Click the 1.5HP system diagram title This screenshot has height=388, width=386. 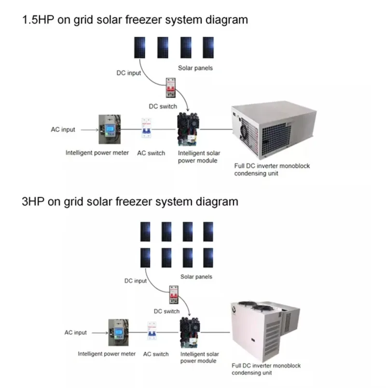coord(135,20)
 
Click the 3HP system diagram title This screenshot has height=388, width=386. coord(130,201)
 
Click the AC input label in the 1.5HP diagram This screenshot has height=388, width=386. coord(63,130)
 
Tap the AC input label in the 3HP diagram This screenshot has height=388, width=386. coord(76,333)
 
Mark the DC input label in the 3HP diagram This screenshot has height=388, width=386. coord(136,280)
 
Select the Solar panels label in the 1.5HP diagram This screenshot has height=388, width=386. coord(195,68)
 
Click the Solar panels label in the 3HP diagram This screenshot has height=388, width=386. coord(196,277)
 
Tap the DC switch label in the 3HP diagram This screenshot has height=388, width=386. coord(166,311)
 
